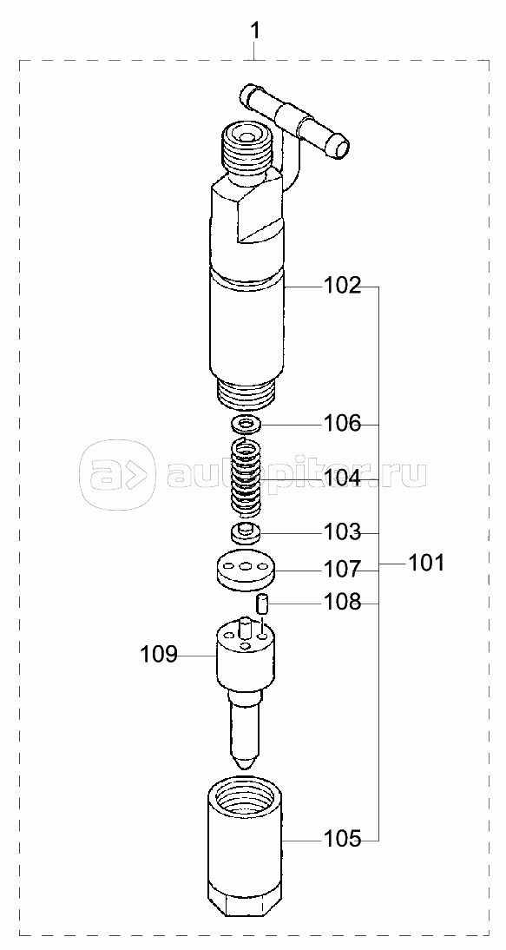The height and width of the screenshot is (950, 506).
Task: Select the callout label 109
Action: coord(159,655)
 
